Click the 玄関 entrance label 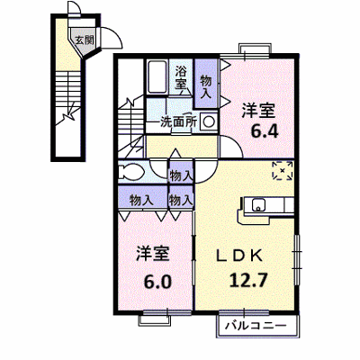click(84, 40)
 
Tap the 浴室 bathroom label click(181, 77)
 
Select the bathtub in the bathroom click(157, 77)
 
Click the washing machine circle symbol click(208, 121)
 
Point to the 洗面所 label click(179, 122)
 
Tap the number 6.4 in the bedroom click(265, 131)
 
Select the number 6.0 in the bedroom click(157, 282)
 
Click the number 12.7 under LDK click(248, 280)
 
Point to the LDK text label click(240, 256)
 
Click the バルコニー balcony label click(256, 325)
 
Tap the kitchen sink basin click(258, 205)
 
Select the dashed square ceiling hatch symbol click(283, 171)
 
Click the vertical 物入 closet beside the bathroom click(206, 84)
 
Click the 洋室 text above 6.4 click(258, 111)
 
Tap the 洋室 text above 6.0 click(153, 255)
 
